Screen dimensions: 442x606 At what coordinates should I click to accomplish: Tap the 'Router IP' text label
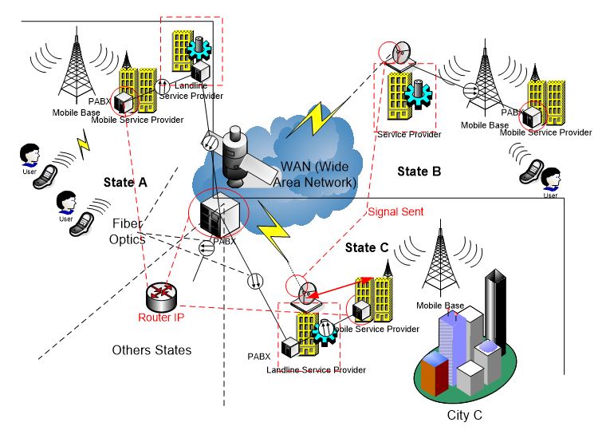162,317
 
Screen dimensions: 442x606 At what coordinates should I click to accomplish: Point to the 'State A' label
125,182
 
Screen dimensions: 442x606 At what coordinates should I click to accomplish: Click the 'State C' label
367,248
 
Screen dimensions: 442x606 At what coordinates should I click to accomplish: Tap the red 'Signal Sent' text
395,212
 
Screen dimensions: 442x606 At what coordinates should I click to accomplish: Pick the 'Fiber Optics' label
129,231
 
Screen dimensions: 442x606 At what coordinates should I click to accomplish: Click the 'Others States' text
151,350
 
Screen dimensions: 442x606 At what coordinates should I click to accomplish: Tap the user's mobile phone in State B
530,170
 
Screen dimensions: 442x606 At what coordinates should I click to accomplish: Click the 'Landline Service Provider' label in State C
317,369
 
